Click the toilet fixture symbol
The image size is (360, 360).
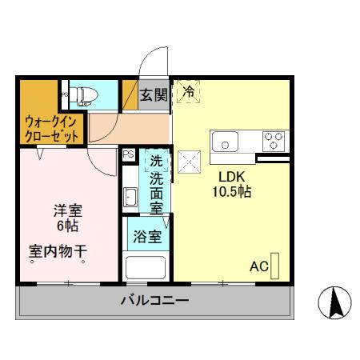coord(86,96)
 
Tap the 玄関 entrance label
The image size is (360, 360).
coord(154,95)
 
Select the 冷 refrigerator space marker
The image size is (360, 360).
coord(189,93)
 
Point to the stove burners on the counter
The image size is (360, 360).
coord(274,141)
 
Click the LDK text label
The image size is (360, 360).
coord(232,177)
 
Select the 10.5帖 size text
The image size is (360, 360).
coord(232,192)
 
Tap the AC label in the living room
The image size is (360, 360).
coord(258,266)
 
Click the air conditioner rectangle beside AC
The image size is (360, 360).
coord(276,265)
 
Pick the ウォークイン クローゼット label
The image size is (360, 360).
coord(51,130)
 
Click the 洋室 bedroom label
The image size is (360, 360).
coord(67,211)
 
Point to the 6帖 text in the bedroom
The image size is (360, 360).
coord(67,227)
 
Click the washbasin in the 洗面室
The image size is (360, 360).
coord(130,197)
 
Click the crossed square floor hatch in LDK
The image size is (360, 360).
coord(189,163)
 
